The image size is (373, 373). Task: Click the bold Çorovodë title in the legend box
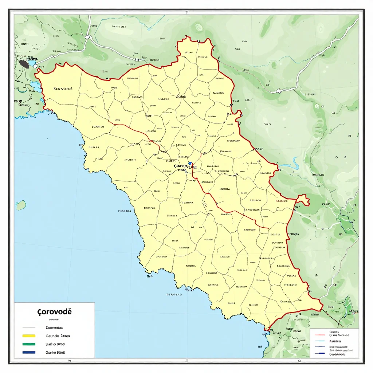[x=55, y=312]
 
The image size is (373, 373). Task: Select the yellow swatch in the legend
[x=29, y=336]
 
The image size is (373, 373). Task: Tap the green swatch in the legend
[x=29, y=344]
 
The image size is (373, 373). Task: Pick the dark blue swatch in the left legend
[x=29, y=352]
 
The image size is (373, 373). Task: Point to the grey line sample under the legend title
[x=29, y=327]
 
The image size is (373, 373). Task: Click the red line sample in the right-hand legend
[x=319, y=334]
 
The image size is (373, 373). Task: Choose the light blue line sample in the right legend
[x=319, y=341]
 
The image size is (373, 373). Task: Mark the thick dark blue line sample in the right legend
[x=319, y=353]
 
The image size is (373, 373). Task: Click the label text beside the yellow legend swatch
[x=58, y=336]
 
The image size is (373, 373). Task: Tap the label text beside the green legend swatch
[x=55, y=344]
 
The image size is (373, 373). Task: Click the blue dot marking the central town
[x=190, y=164]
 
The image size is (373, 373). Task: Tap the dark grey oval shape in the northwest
[x=24, y=64]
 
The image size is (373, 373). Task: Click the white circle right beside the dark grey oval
[x=35, y=66]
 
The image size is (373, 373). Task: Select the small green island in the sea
[x=21, y=205]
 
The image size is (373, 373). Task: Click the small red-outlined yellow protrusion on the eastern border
[x=303, y=199]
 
